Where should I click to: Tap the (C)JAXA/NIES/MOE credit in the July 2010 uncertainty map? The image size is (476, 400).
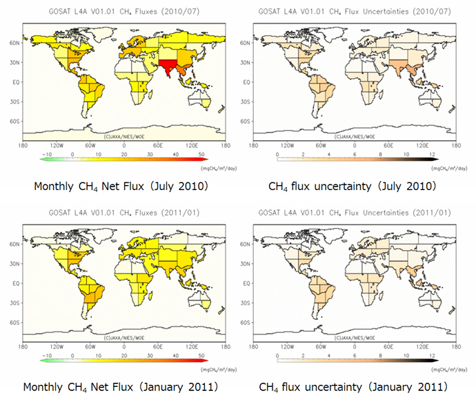click(x=354, y=135)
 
